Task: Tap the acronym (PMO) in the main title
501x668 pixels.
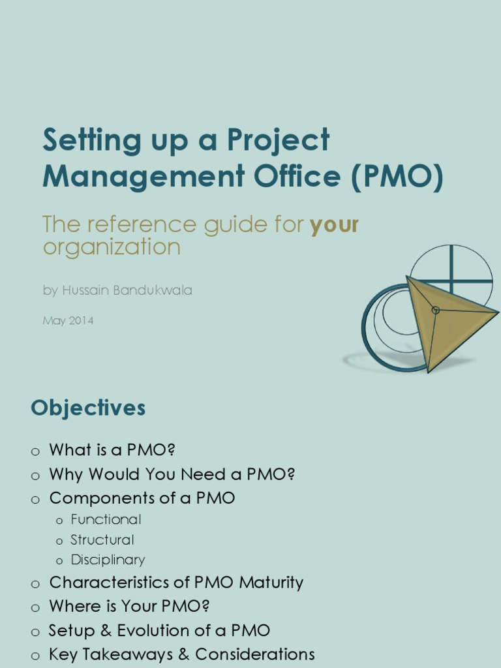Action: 397,177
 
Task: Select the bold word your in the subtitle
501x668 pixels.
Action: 334,225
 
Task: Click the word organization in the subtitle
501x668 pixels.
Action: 111,247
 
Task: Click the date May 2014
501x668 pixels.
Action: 68,321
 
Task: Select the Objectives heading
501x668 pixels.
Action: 88,408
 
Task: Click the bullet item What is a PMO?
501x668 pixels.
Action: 112,450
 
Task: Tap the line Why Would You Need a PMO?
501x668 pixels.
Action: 172,474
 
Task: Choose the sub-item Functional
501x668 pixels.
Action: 106,520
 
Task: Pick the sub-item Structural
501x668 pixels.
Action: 102,540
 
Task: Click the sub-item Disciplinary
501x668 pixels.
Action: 108,560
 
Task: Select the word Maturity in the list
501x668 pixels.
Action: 271,583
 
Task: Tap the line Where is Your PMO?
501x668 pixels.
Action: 129,606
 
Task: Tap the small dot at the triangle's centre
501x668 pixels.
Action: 436,310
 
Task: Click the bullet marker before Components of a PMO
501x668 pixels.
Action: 35,500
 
